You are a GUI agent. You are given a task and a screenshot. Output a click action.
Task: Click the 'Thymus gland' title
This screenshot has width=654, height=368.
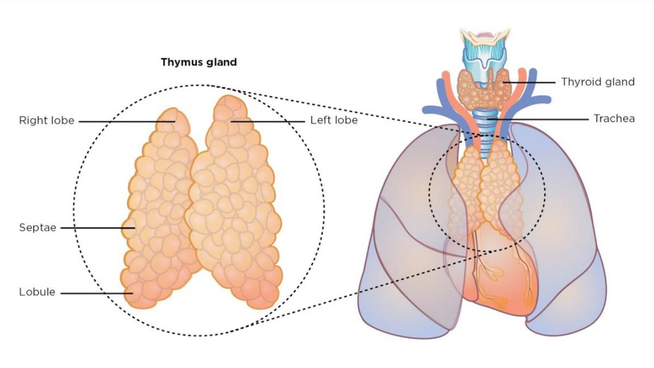(x=198, y=62)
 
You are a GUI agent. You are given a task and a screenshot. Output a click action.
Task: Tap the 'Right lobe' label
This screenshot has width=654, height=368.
(x=46, y=120)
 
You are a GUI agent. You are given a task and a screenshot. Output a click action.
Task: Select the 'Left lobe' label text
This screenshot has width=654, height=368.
(x=334, y=120)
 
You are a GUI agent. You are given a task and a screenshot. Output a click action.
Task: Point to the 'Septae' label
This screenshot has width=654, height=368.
(x=38, y=227)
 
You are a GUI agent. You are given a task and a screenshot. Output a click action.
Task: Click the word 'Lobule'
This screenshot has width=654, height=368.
(x=37, y=292)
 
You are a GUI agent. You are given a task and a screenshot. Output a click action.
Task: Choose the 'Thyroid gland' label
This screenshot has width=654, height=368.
(x=598, y=82)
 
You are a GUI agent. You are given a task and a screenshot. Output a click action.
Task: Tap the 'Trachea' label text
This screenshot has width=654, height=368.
(x=614, y=118)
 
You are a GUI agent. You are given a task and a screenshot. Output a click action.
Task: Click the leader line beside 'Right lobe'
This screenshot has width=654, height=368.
(x=125, y=121)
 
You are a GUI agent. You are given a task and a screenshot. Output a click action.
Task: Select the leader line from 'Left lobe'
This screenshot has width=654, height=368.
(x=270, y=121)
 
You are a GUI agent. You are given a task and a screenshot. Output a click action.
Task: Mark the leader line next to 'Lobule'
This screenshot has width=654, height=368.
(x=95, y=293)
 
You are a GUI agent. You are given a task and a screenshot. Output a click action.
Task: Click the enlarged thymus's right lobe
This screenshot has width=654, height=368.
(x=161, y=213)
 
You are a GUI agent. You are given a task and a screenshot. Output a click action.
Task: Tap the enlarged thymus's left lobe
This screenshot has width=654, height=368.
(x=234, y=202)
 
